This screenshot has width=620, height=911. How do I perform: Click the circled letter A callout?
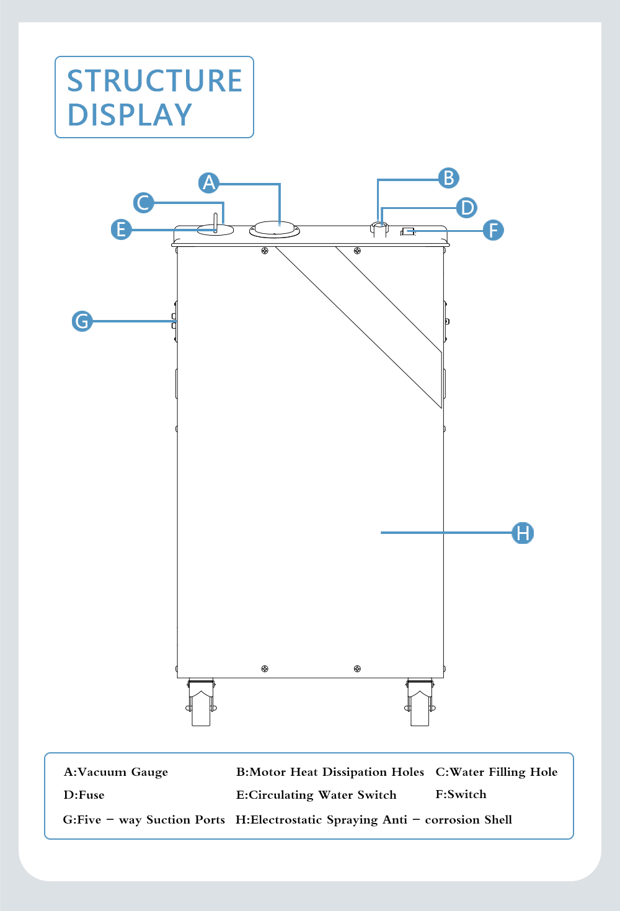[208, 182]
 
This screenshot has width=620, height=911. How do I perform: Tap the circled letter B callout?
[448, 178]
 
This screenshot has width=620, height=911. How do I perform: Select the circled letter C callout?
[143, 203]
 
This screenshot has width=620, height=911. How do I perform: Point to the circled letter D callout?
[466, 207]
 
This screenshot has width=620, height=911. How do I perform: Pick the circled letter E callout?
[121, 229]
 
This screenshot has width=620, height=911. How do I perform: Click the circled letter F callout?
[493, 230]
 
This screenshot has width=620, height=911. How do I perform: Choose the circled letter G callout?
[82, 321]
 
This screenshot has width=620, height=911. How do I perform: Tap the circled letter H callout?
[523, 533]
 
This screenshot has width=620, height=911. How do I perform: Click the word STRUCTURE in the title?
[154, 81]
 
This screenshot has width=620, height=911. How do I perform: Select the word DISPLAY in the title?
[130, 115]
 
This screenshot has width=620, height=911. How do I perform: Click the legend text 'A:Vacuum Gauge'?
[116, 772]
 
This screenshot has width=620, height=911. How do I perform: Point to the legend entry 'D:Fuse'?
[84, 794]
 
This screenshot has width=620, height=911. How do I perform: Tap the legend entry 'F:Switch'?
[461, 794]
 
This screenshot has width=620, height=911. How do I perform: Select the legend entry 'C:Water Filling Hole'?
[497, 772]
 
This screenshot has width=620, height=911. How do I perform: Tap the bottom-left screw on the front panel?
[265, 669]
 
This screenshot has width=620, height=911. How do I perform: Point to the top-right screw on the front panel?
[357, 251]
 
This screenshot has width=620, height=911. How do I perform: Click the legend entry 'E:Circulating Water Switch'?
[316, 795]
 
